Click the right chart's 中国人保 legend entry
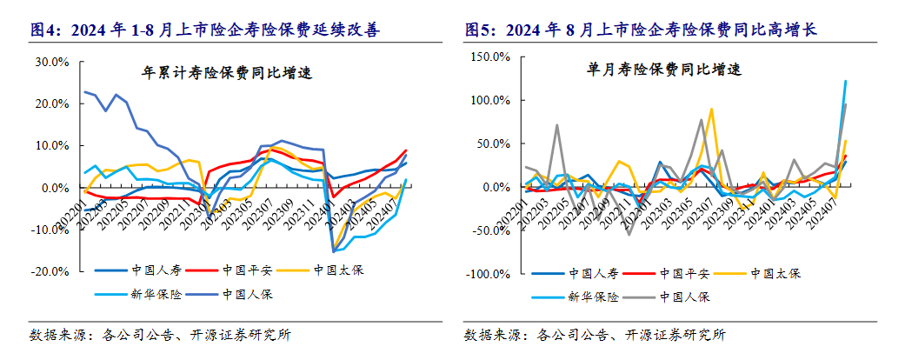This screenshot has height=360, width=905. pos(686,297)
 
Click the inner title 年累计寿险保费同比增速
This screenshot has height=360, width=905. pos(227,73)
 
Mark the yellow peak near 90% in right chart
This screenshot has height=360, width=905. pos(711,110)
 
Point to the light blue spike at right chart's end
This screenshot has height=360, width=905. pos(846,82)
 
